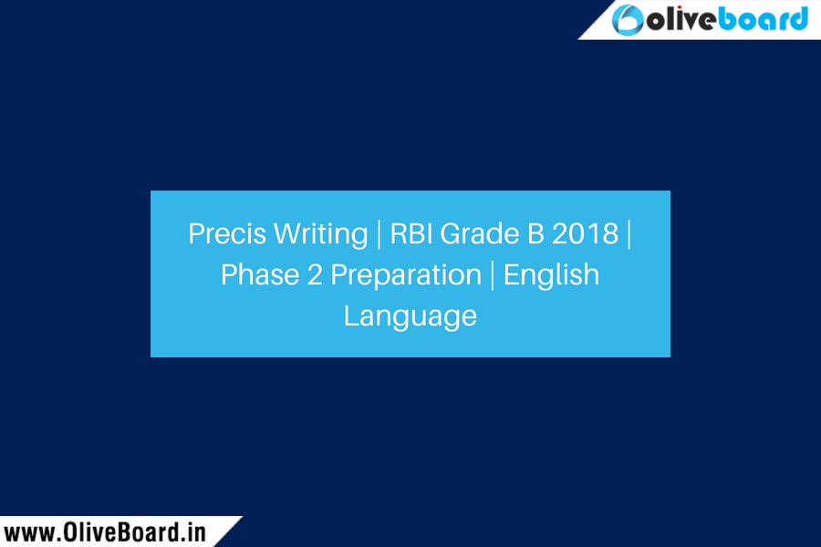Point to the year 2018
pyautogui.click(x=583, y=233)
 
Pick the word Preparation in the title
pyautogui.click(x=404, y=274)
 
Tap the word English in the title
pyautogui.click(x=551, y=274)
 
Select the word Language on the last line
pyautogui.click(x=410, y=315)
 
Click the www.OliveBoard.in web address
pyautogui.click(x=106, y=532)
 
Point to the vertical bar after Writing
pyautogui.click(x=379, y=233)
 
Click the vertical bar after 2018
pyautogui.click(x=629, y=233)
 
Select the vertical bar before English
pyautogui.click(x=493, y=274)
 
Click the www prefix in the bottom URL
pyautogui.click(x=26, y=532)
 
